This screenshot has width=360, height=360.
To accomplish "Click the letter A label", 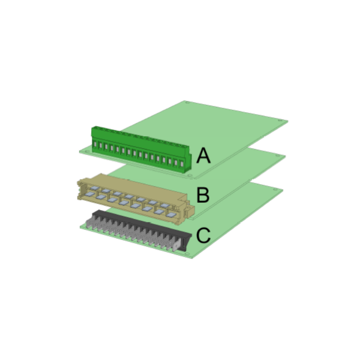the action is click(x=203, y=155).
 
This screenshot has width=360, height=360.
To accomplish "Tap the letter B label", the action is click(x=203, y=195).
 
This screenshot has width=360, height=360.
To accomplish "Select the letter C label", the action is click(x=203, y=235).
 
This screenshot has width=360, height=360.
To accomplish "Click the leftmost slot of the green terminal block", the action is click(x=95, y=144).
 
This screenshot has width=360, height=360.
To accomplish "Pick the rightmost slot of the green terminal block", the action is click(x=182, y=164).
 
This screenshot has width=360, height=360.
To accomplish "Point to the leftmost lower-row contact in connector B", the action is click(x=89, y=194).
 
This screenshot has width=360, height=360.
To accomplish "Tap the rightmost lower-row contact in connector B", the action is click(x=171, y=215).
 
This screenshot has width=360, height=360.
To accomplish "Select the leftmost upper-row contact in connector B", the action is click(x=94, y=188).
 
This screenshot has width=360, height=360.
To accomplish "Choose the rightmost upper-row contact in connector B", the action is click(x=165, y=205).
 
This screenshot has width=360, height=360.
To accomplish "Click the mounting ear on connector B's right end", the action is click(x=190, y=209).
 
